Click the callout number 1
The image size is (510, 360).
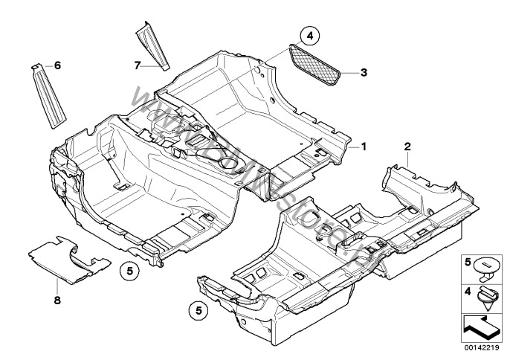click(364, 147)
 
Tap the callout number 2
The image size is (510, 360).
click(408, 146)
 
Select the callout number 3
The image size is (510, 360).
click(364, 72)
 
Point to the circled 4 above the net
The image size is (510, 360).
click(309, 35)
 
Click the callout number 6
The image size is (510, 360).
click(57, 65)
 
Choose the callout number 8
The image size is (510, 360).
click(57, 300)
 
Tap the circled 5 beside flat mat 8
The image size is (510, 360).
click(128, 272)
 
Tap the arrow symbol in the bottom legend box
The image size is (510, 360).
click(482, 325)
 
